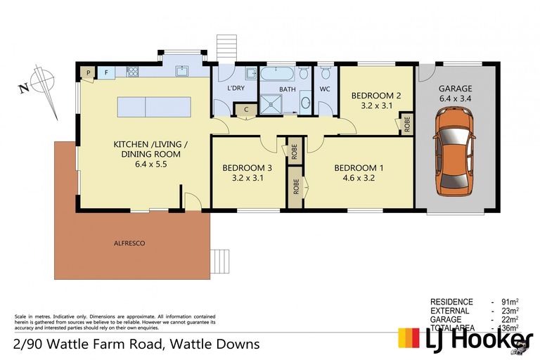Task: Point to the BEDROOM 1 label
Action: tap(359, 168)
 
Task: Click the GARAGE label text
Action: tap(456, 89)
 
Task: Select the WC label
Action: tap(325, 89)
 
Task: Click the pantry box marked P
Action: tap(88, 72)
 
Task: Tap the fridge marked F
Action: tap(106, 72)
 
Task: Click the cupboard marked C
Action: tap(246, 109)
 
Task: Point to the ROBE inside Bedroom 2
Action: tap(406, 124)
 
